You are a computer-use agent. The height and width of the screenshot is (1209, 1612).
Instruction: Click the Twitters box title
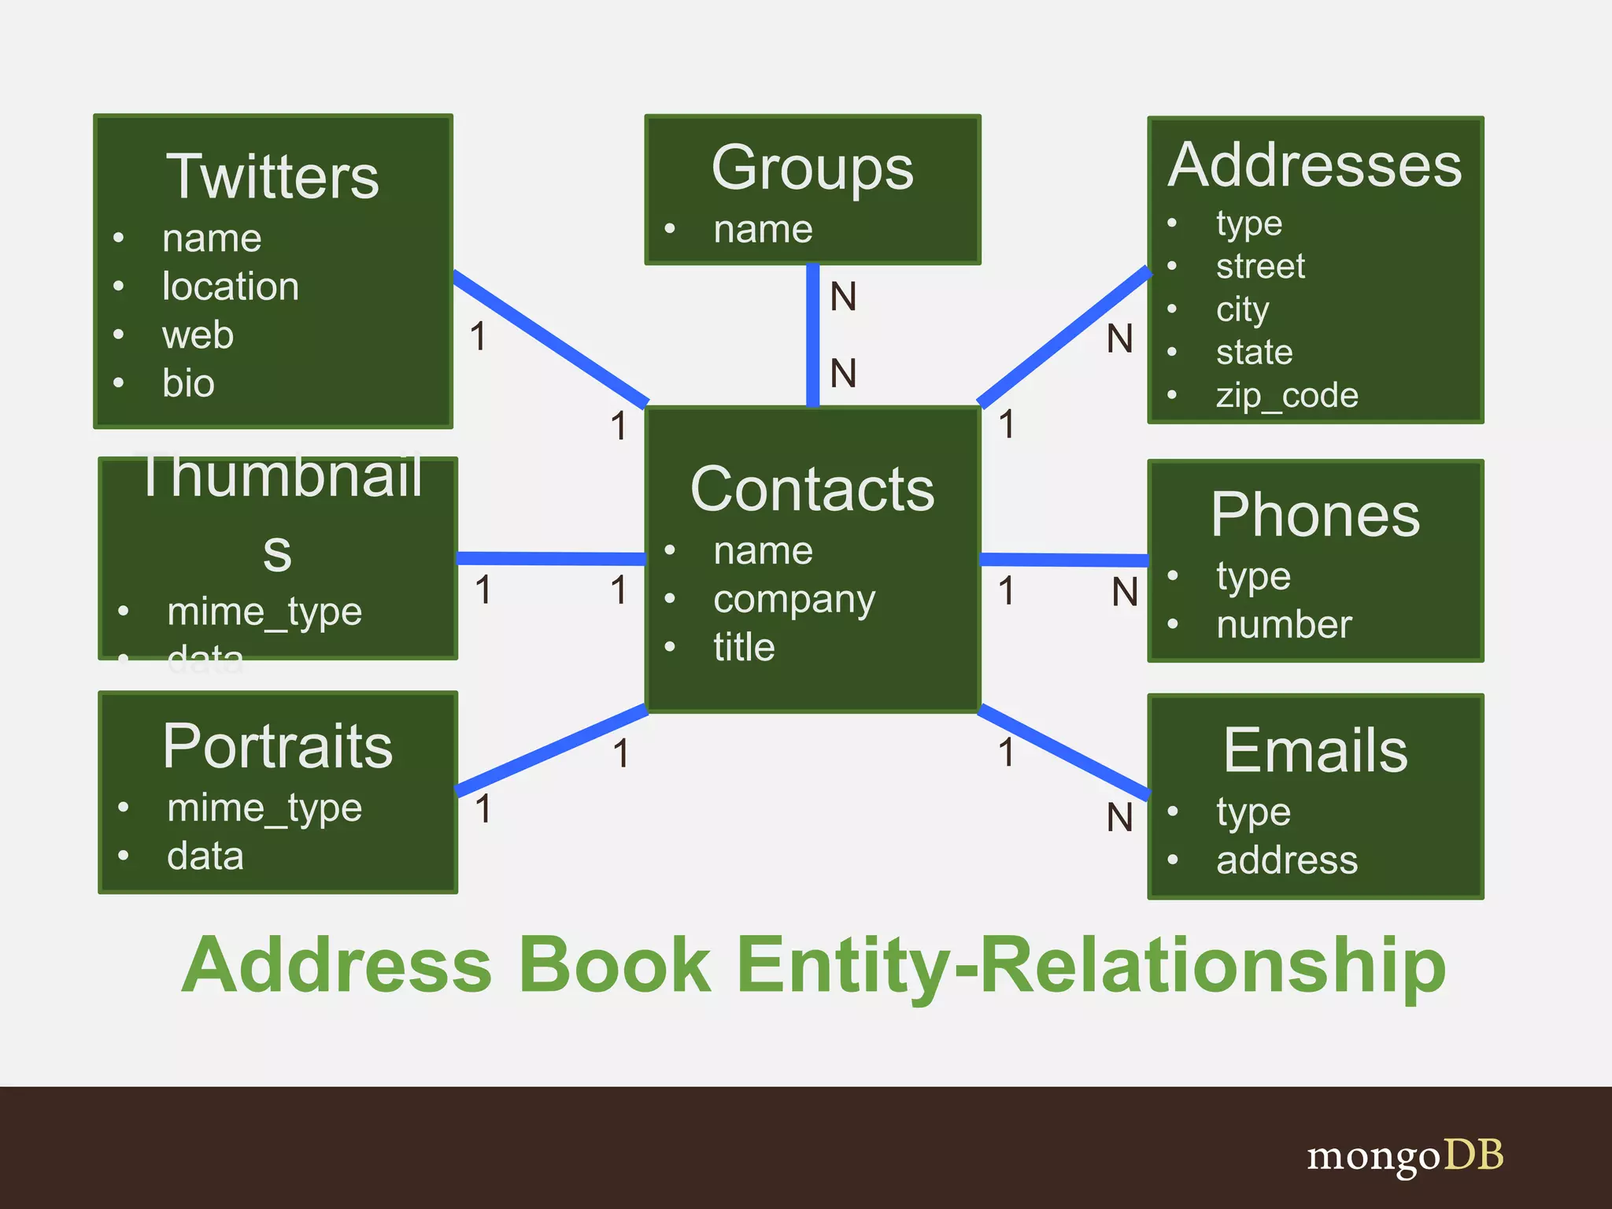[272, 176]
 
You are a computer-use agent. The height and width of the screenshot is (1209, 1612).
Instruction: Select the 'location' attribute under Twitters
[230, 287]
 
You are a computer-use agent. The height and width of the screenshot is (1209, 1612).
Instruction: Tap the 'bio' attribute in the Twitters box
[188, 383]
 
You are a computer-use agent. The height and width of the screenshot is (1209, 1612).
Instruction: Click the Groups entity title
[812, 168]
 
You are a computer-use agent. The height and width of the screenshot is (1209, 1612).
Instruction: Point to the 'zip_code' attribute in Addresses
[1287, 395]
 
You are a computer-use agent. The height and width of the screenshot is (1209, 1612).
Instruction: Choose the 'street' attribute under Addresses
[1260, 266]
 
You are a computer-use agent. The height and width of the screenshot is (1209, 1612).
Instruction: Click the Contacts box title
[812, 489]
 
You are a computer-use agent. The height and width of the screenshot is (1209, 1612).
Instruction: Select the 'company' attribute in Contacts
[793, 600]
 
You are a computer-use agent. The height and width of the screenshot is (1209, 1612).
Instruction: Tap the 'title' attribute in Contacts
[744, 647]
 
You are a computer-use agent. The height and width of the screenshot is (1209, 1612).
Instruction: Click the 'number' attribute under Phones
[1284, 625]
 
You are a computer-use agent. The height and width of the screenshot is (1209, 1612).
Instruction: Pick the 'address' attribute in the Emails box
[1287, 860]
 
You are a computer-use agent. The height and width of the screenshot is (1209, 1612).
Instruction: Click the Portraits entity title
[278, 746]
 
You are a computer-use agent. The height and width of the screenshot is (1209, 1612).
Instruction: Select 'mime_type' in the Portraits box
[264, 808]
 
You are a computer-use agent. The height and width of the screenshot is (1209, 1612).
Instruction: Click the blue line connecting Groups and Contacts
[813, 335]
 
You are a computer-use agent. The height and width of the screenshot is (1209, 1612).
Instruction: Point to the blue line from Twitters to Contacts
[551, 338]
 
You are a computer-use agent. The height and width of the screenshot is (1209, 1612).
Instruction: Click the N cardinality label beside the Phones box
[1125, 592]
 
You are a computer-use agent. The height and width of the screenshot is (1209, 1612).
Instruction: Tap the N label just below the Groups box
[843, 297]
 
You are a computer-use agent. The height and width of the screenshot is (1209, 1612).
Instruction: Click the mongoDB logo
[1404, 1155]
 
